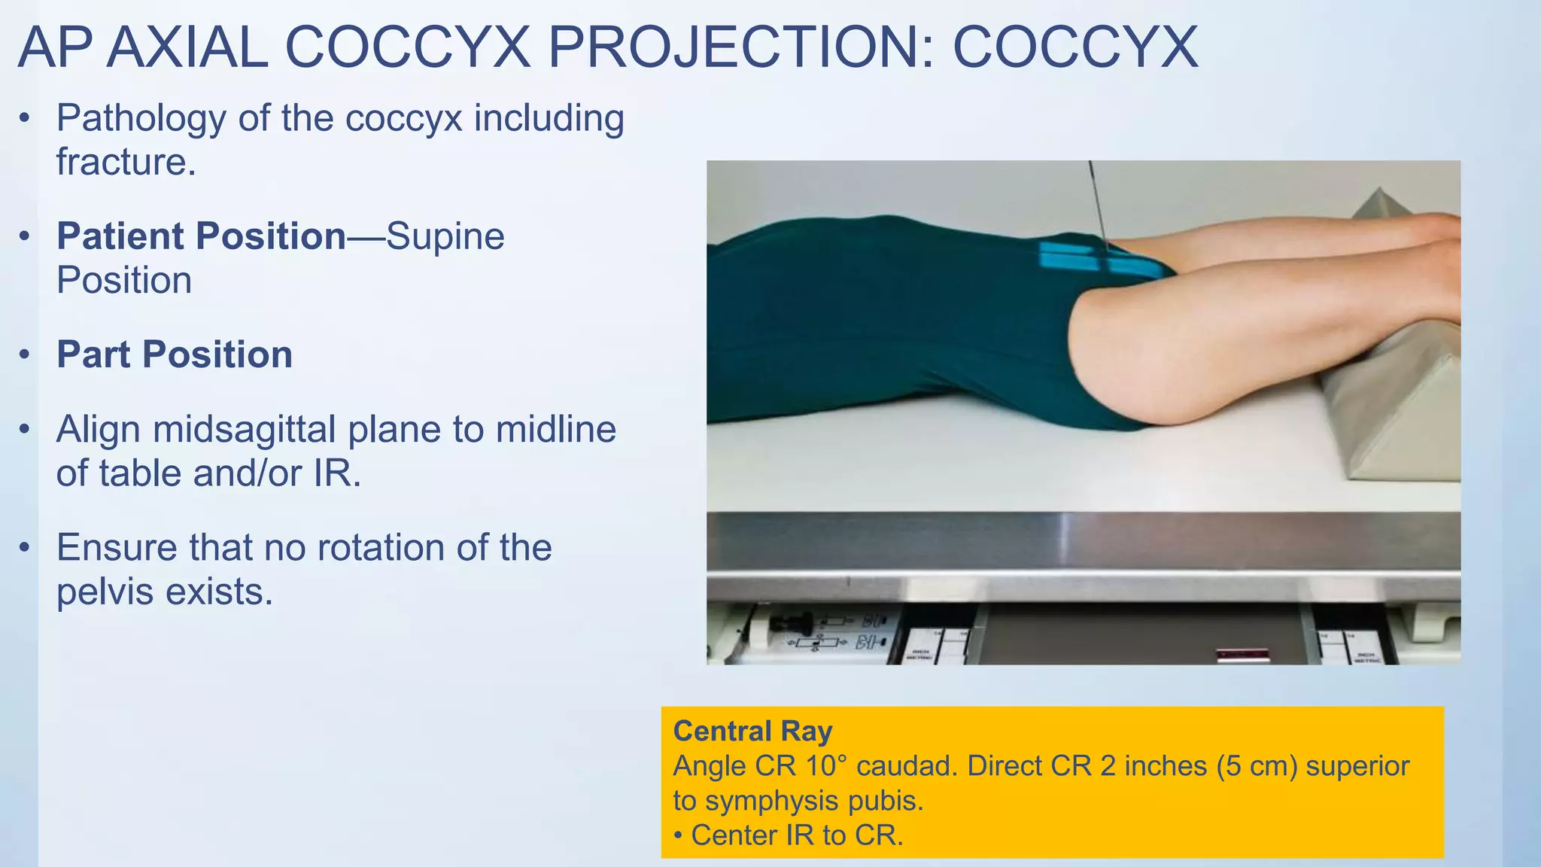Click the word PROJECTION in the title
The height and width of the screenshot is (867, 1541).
pyautogui.click(x=740, y=47)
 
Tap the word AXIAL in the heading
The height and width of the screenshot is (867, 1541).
pyautogui.click(x=187, y=47)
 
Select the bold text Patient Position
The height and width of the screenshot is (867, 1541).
pyautogui.click(x=201, y=236)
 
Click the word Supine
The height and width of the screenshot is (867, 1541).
pyautogui.click(x=445, y=236)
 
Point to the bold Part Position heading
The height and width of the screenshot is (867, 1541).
pyautogui.click(x=175, y=354)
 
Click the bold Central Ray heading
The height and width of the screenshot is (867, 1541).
pyautogui.click(x=752, y=731)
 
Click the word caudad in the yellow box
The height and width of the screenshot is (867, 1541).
pyautogui.click(x=905, y=766)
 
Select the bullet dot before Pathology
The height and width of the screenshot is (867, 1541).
pyautogui.click(x=26, y=118)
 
